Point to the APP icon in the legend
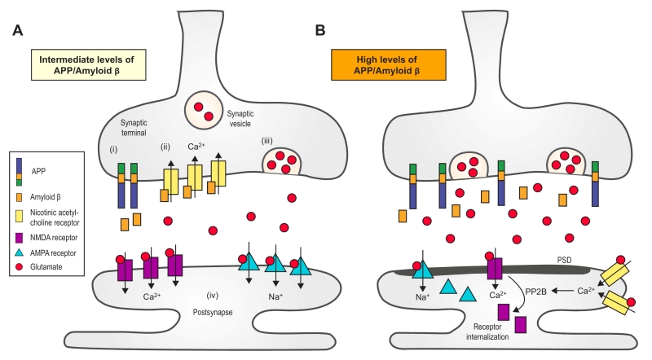pos(18,173)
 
